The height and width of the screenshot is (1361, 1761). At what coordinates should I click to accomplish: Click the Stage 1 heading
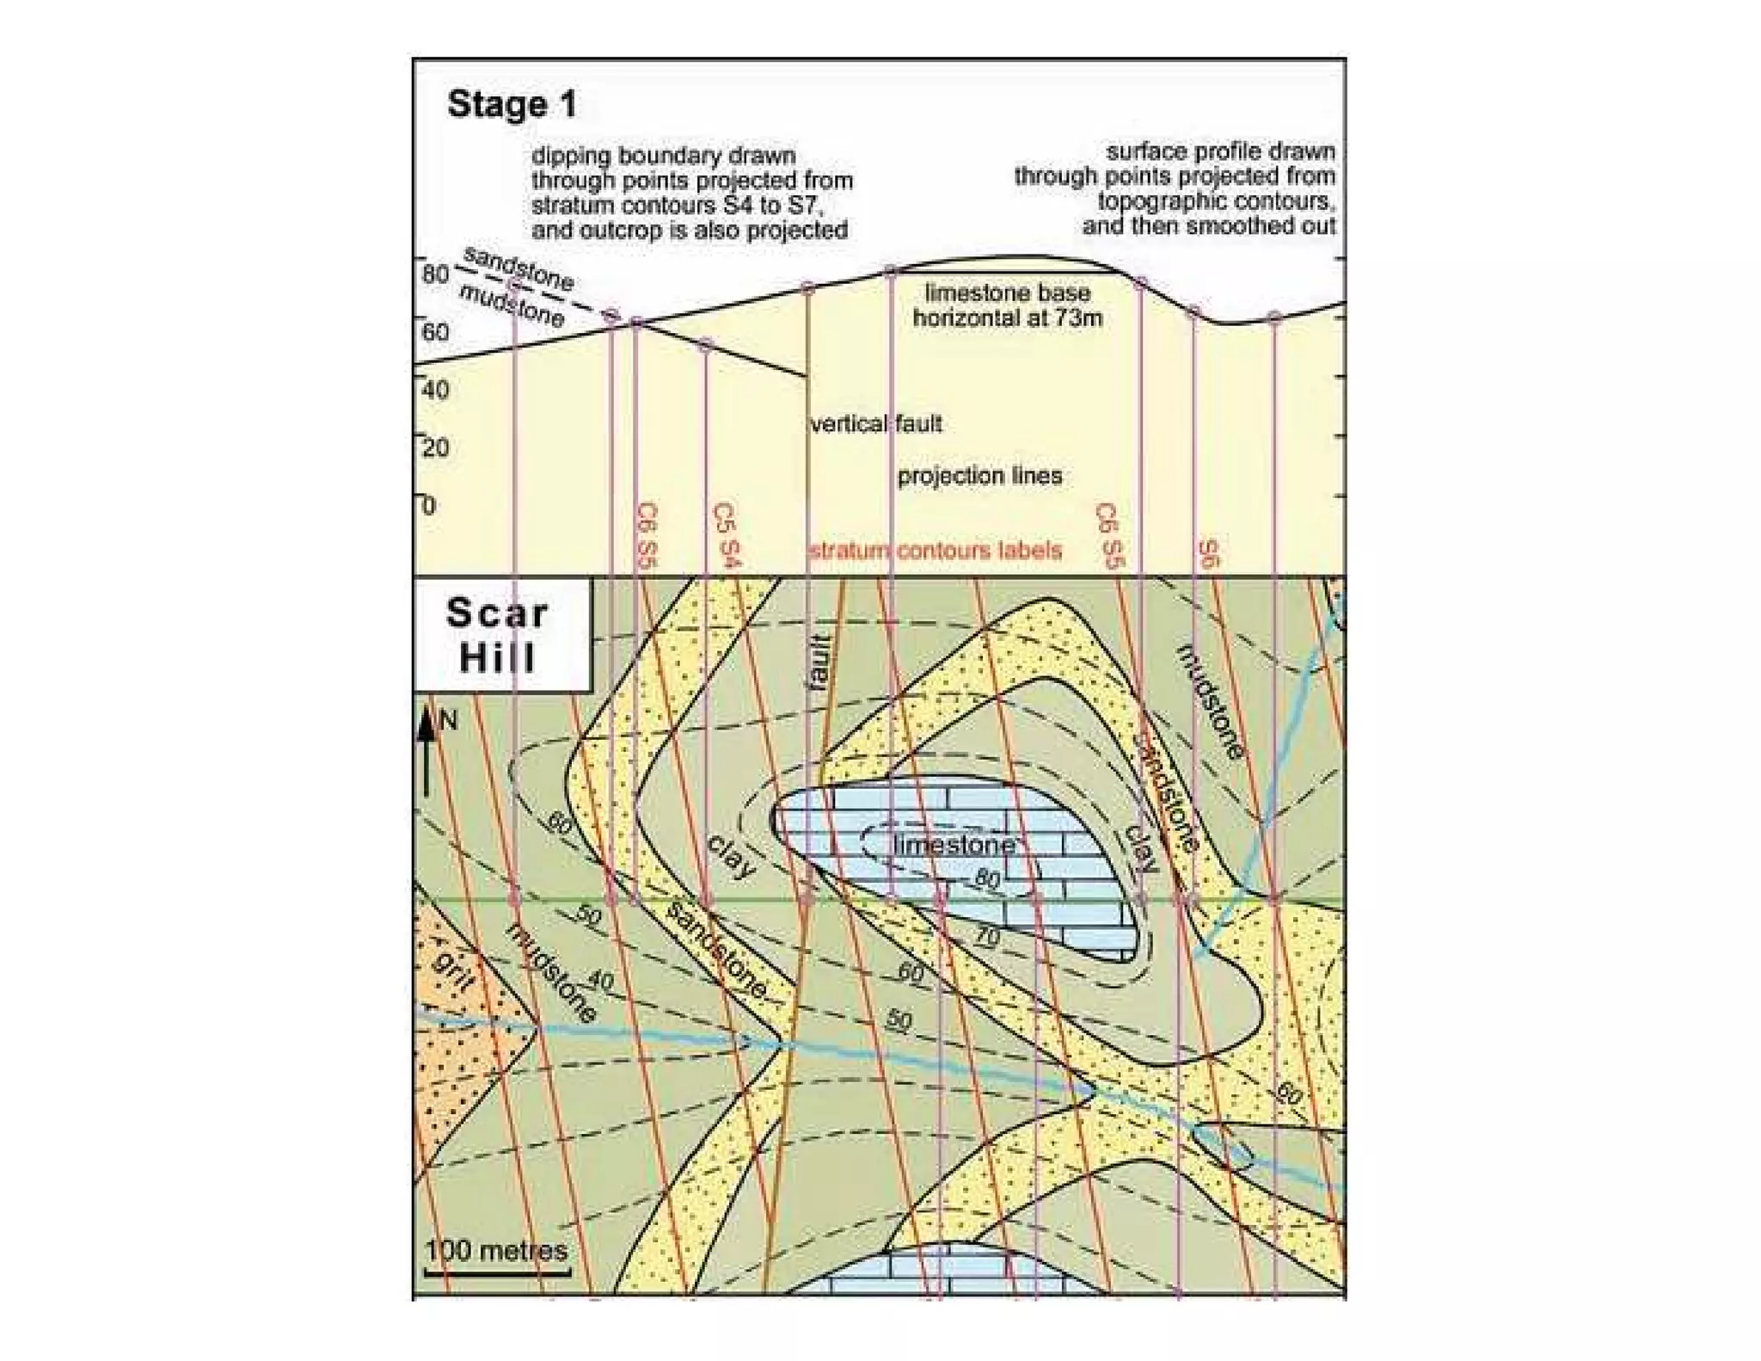(x=512, y=105)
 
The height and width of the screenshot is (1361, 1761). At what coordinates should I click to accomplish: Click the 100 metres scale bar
(x=498, y=1270)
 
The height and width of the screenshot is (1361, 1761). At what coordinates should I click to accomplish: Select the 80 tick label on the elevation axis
(x=436, y=274)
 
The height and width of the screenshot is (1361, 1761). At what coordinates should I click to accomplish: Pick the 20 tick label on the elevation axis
(x=436, y=447)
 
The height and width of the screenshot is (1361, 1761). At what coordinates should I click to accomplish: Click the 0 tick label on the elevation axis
(x=429, y=505)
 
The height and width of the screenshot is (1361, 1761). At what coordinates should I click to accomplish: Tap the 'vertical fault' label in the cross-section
(x=876, y=423)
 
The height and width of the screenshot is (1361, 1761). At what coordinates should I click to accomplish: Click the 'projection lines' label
(x=979, y=476)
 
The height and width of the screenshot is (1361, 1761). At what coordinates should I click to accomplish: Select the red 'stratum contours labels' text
(x=936, y=551)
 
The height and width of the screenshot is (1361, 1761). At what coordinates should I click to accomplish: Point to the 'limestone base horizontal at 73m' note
(x=1007, y=305)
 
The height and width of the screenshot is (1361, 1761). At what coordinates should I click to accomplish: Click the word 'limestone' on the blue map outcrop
(x=954, y=845)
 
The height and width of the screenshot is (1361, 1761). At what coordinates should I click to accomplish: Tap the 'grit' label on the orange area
(x=452, y=969)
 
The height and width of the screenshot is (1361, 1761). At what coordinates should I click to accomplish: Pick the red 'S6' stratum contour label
(x=1208, y=554)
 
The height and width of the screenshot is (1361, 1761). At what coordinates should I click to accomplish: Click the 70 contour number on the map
(x=987, y=936)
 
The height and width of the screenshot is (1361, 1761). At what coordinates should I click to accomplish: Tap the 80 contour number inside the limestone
(x=987, y=879)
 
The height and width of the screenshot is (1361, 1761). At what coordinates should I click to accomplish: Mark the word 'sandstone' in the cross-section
(x=518, y=268)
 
